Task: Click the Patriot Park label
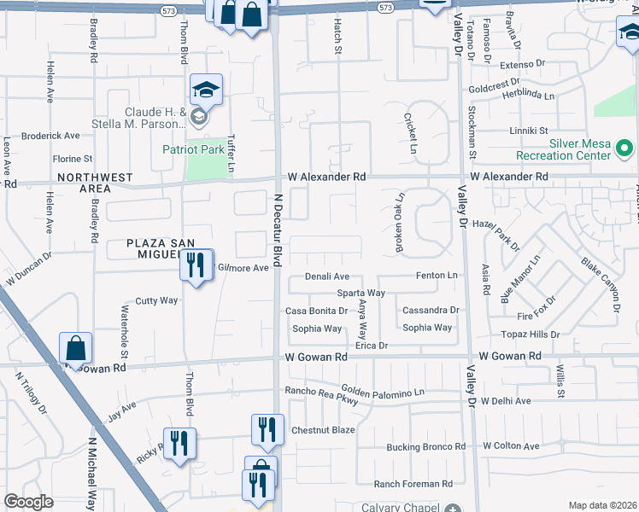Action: click(194, 149)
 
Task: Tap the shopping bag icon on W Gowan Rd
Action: click(75, 347)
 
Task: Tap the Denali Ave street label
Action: click(329, 276)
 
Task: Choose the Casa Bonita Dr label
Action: click(316, 311)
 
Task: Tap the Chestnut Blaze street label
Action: click(323, 429)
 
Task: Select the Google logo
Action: click(28, 502)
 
